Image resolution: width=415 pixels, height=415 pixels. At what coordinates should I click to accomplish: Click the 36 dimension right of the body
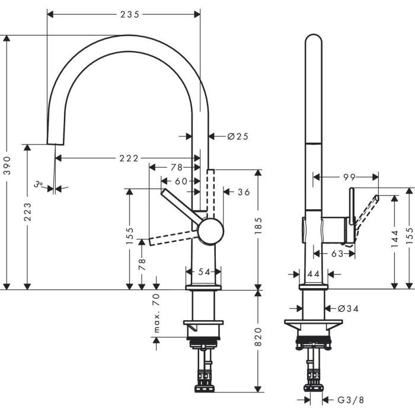point(244,191)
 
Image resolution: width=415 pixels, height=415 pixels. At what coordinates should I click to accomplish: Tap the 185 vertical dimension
point(258,225)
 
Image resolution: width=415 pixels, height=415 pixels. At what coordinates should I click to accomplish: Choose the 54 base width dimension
point(204,272)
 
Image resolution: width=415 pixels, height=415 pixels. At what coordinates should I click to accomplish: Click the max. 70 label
point(157,312)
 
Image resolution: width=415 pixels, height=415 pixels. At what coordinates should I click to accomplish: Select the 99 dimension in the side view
point(349,177)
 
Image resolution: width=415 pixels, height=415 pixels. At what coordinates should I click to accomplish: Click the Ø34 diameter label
point(350,308)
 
